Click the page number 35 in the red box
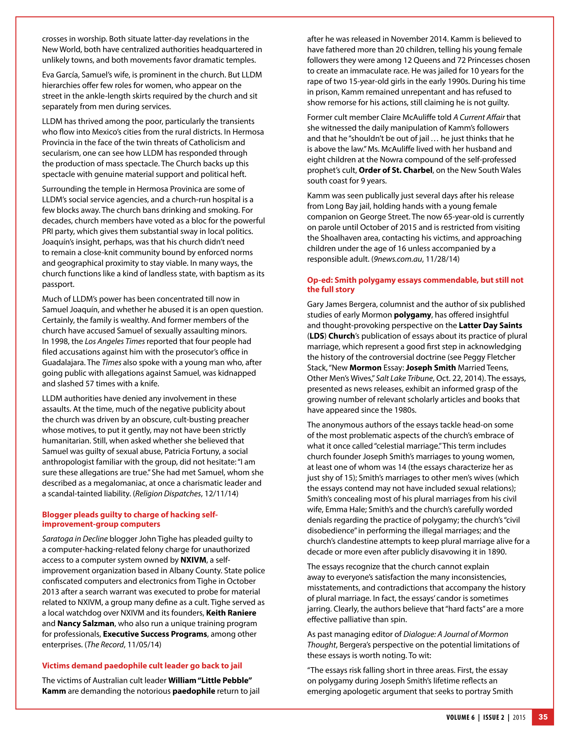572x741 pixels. coord(543,717)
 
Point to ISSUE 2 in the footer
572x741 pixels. coord(493,717)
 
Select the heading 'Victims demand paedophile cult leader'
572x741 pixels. coord(142,665)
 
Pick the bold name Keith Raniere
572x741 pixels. coord(231,613)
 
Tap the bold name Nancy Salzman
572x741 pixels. coord(85,623)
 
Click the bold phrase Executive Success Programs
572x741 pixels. coord(155,634)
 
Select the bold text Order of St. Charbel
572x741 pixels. coord(395,170)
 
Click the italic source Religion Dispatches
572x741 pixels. coord(168,493)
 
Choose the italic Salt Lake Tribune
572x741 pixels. coord(404,378)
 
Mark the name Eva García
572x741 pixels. coord(60,75)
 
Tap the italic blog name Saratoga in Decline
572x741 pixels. coord(75,539)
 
